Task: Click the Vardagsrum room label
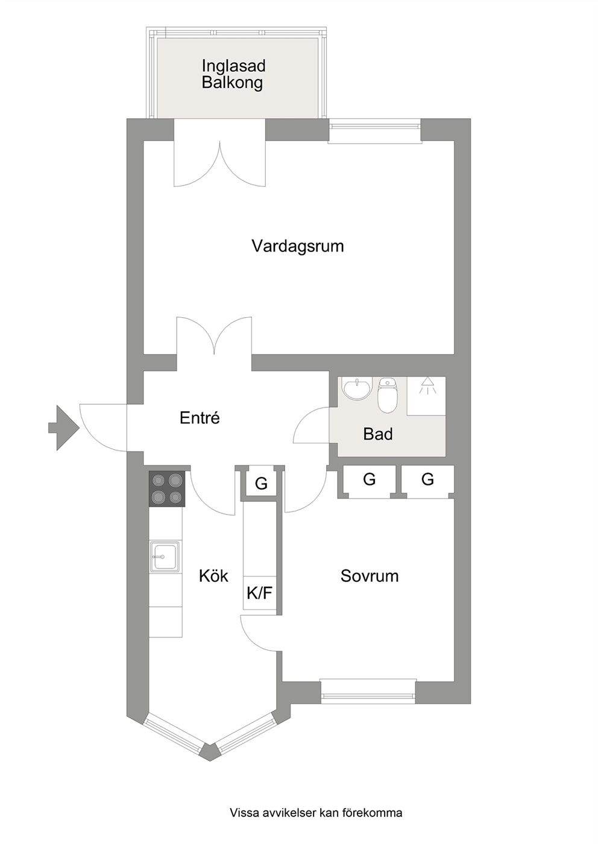point(297,246)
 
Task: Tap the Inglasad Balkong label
point(233,74)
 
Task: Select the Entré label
point(200,418)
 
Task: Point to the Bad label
point(378,434)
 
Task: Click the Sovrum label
point(369,576)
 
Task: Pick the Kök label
point(213,576)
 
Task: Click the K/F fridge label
point(259,593)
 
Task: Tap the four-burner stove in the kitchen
point(167,488)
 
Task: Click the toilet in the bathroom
point(386,396)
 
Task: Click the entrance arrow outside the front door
point(64,428)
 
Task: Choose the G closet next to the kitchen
point(261,483)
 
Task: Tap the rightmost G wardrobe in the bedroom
point(427,479)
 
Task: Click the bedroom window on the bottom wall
point(368,691)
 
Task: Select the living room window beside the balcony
point(374,131)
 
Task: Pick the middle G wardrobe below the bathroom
point(369,479)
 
